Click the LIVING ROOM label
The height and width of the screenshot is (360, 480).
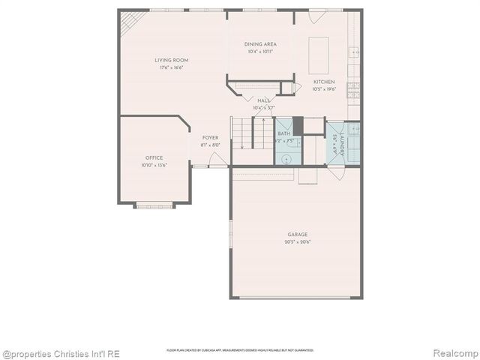click(x=171, y=60)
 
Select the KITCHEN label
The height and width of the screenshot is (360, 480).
click(x=324, y=82)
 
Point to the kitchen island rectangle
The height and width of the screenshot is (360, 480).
click(x=318, y=54)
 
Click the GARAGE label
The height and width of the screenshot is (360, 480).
click(x=297, y=235)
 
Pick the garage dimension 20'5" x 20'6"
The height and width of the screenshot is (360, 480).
click(x=297, y=242)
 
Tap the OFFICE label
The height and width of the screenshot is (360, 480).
click(x=154, y=157)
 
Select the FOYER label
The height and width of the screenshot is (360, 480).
click(x=210, y=138)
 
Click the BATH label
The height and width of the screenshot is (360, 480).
click(x=283, y=133)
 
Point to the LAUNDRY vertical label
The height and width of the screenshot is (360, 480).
click(x=342, y=145)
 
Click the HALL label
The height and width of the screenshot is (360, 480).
click(x=263, y=100)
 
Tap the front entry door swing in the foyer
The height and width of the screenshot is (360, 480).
click(x=217, y=159)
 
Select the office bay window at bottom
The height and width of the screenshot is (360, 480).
click(x=154, y=205)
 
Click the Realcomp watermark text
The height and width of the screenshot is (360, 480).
click(x=454, y=353)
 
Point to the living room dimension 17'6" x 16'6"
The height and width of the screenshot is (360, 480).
click(x=171, y=67)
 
